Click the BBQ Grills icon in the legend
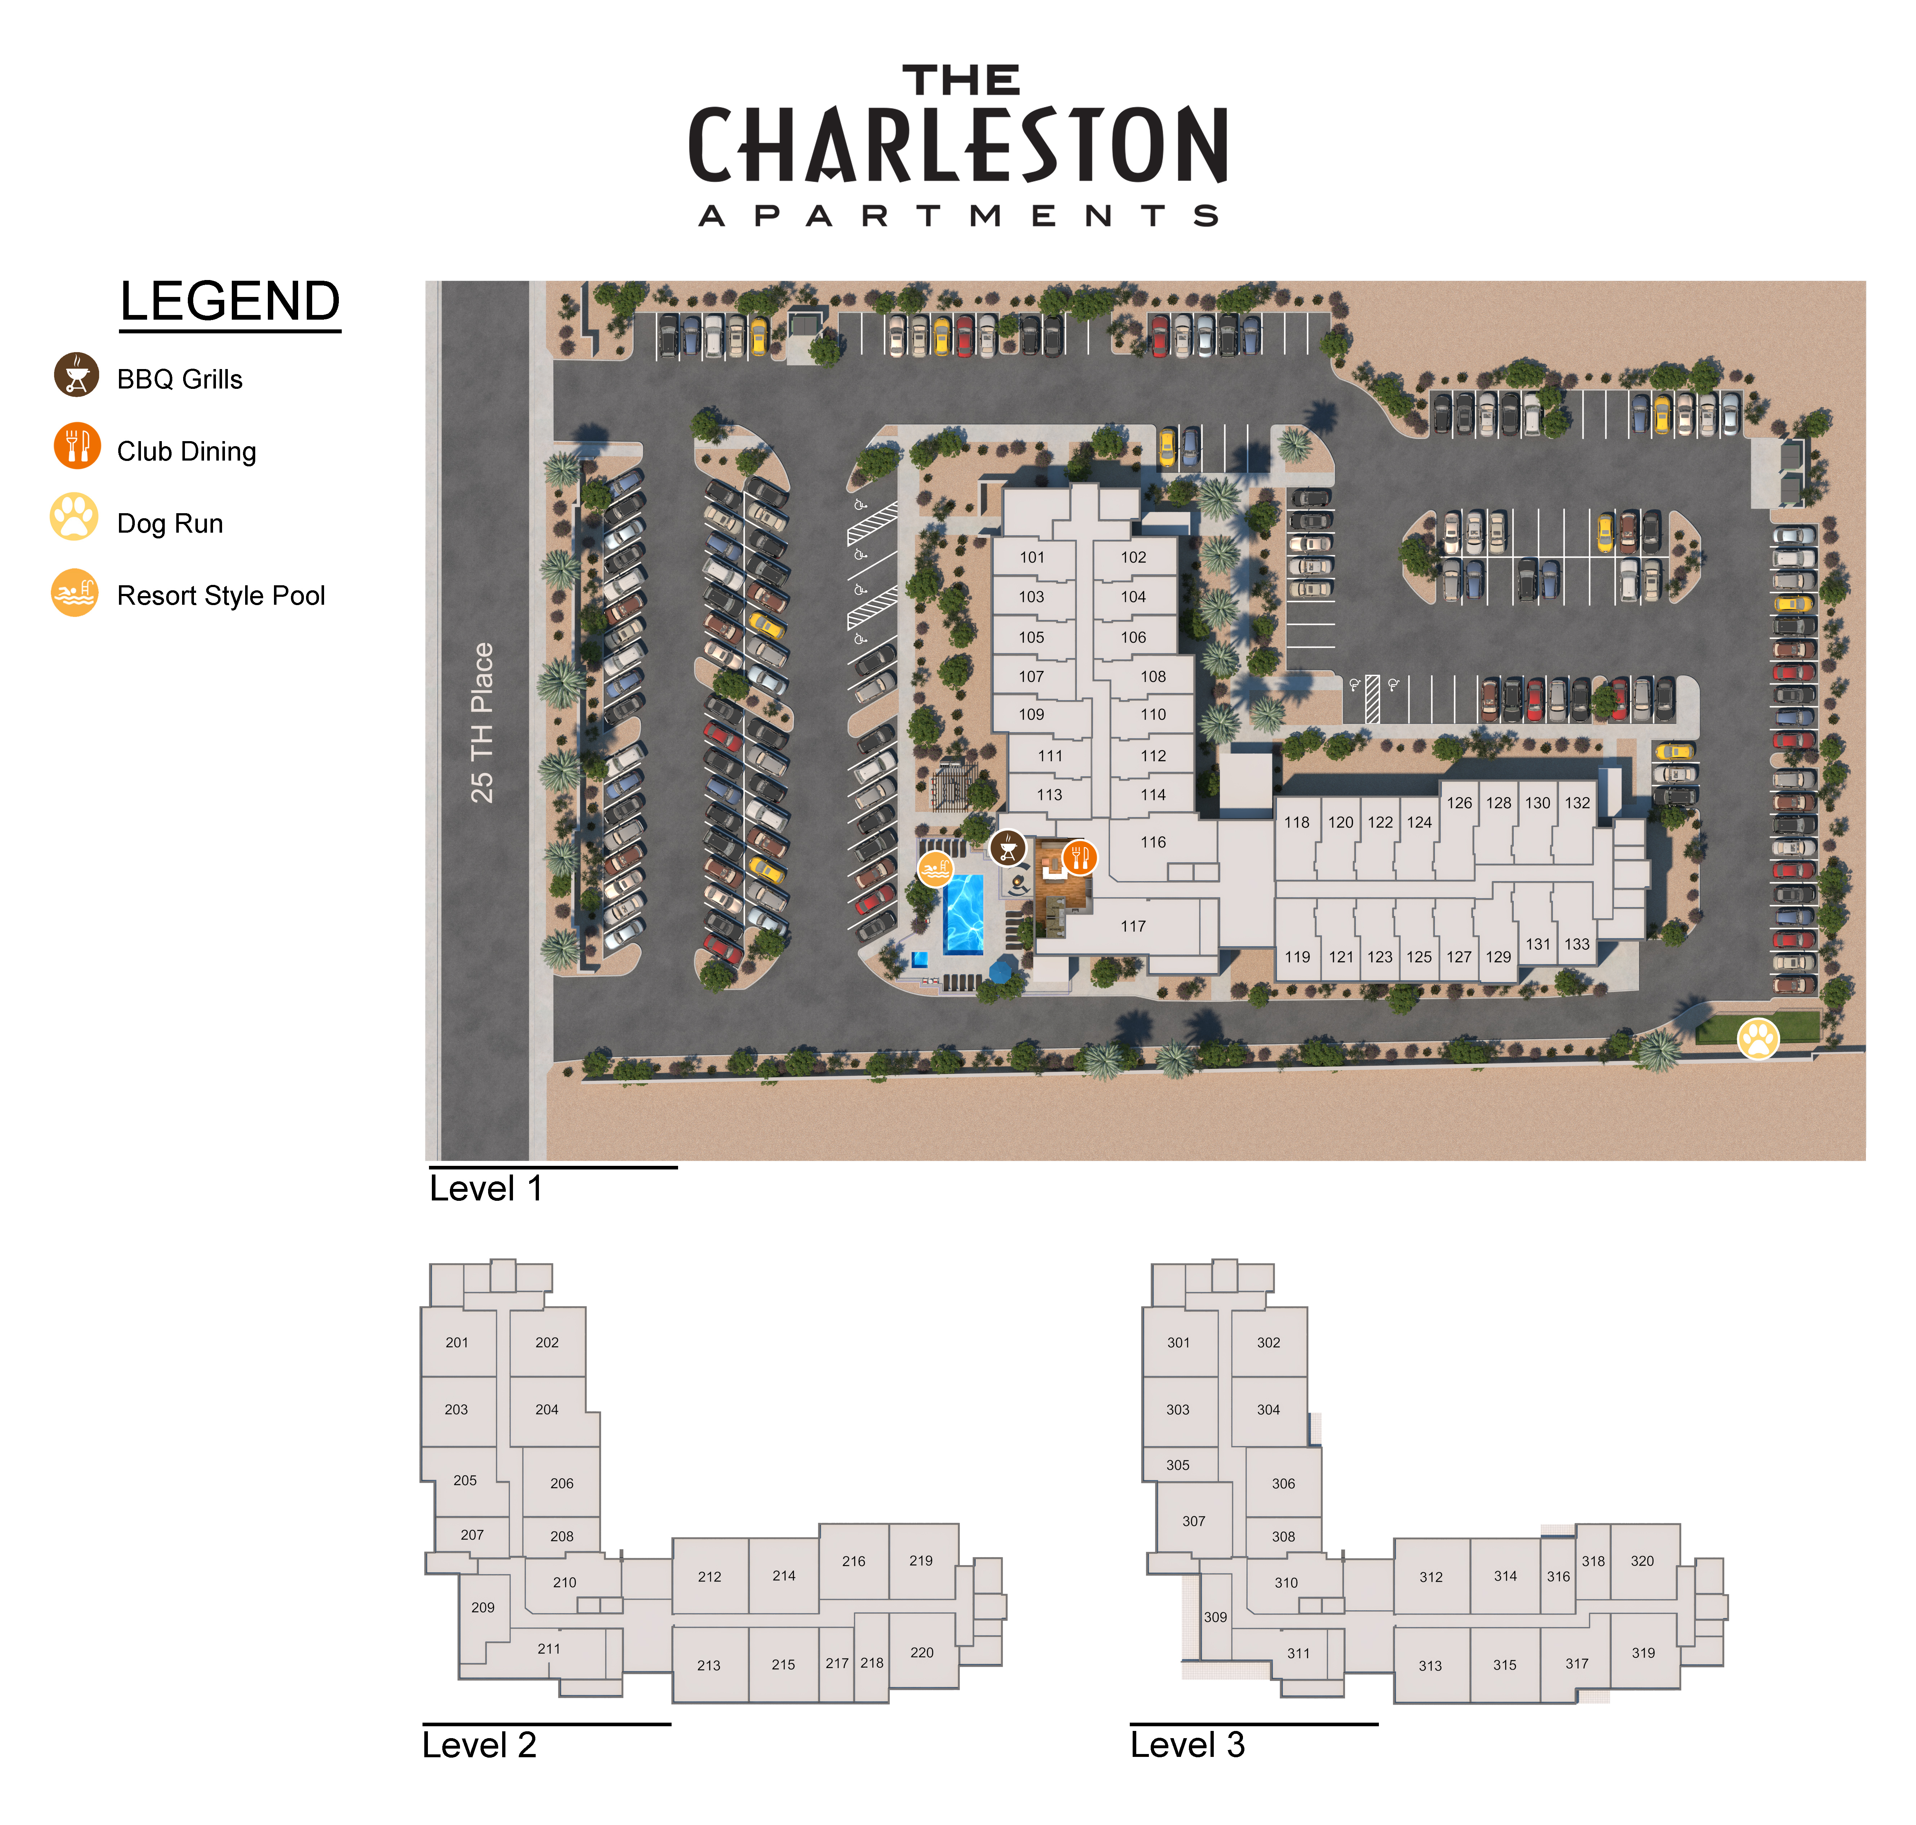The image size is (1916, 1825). click(x=76, y=374)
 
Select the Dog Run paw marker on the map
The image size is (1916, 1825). click(x=1757, y=1038)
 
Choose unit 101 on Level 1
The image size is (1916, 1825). click(x=1031, y=558)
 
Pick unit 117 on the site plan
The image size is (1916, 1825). click(x=1133, y=926)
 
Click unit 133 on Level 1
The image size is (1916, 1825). click(x=1576, y=943)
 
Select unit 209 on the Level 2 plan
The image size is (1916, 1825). click(x=483, y=1607)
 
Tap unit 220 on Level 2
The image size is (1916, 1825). click(x=921, y=1652)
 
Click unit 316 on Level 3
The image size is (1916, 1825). click(x=1558, y=1576)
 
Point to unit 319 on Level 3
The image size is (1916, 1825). click(x=1642, y=1652)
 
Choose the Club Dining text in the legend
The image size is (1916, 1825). click(x=187, y=452)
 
